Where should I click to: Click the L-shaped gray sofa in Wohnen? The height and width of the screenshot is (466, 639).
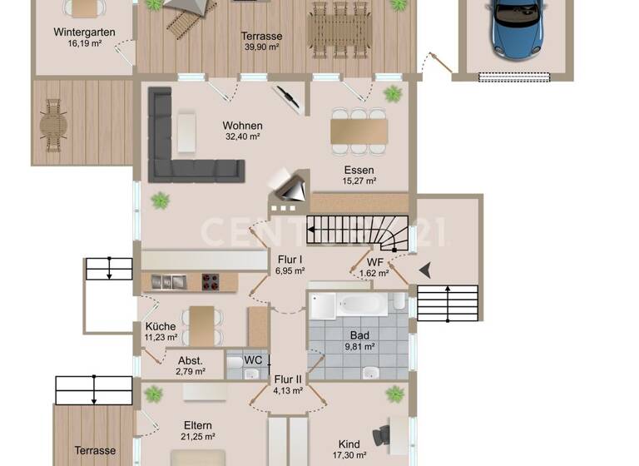click(x=179, y=158)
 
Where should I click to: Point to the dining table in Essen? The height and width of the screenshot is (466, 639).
click(x=359, y=131)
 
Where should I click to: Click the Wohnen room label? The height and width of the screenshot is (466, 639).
click(x=242, y=126)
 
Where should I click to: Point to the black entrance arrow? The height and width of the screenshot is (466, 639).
click(x=425, y=269)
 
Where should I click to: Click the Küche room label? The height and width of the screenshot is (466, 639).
click(x=160, y=326)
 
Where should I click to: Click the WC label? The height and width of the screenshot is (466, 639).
click(x=253, y=360)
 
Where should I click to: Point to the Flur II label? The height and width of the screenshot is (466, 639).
click(x=288, y=378)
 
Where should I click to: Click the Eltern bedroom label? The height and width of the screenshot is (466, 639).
click(x=199, y=424)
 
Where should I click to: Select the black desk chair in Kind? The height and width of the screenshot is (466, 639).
click(x=381, y=434)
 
